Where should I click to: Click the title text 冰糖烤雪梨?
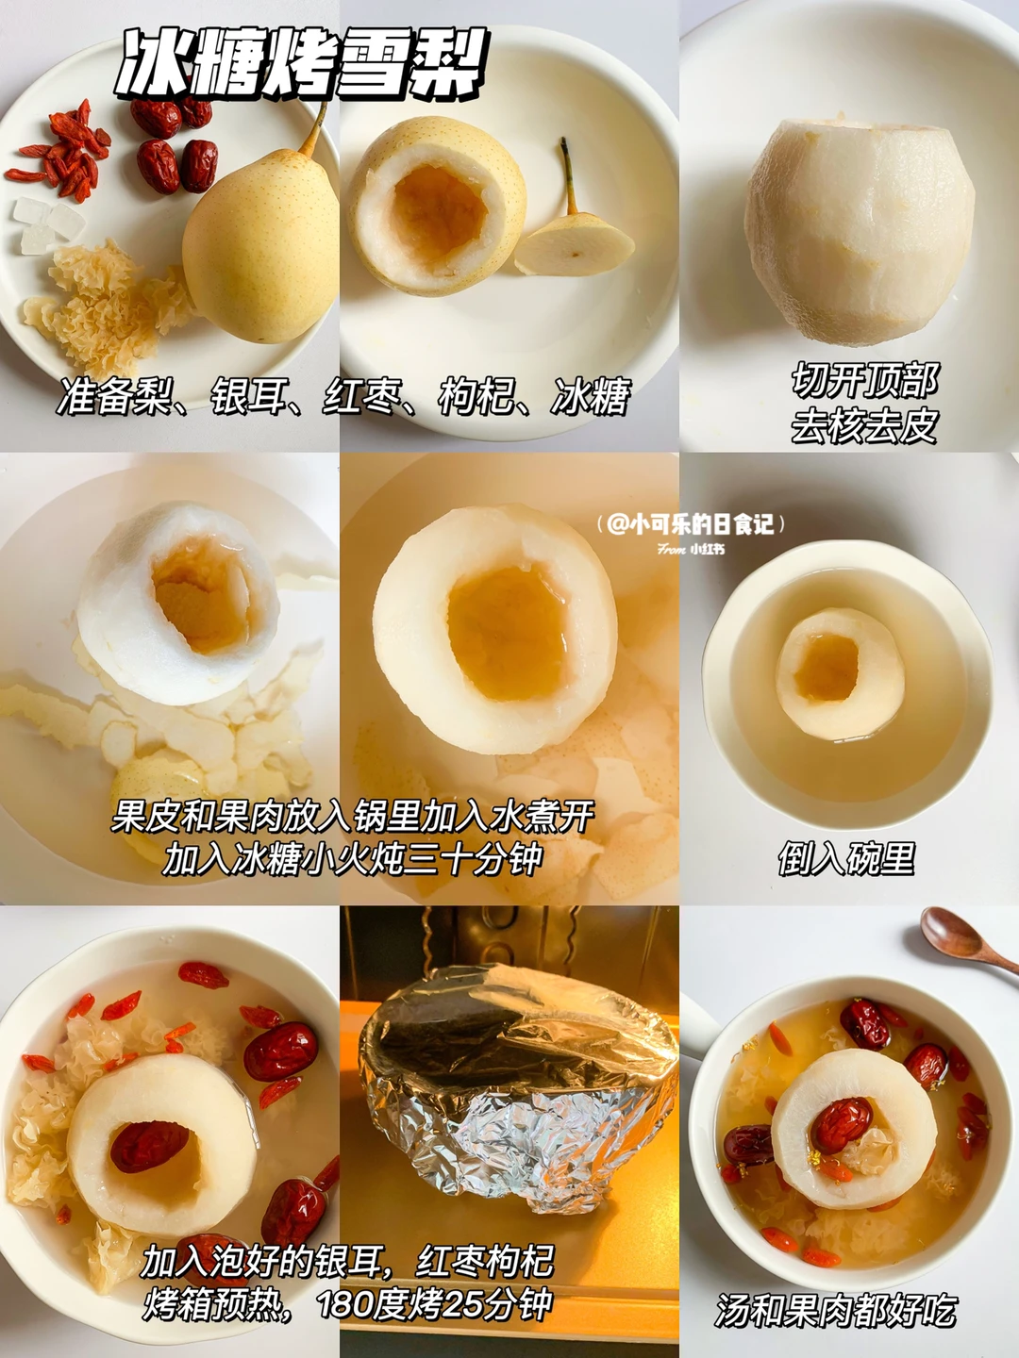[302, 64]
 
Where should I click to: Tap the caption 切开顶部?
[865, 380]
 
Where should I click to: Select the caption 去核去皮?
[864, 425]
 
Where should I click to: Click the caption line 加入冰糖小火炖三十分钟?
[353, 858]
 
